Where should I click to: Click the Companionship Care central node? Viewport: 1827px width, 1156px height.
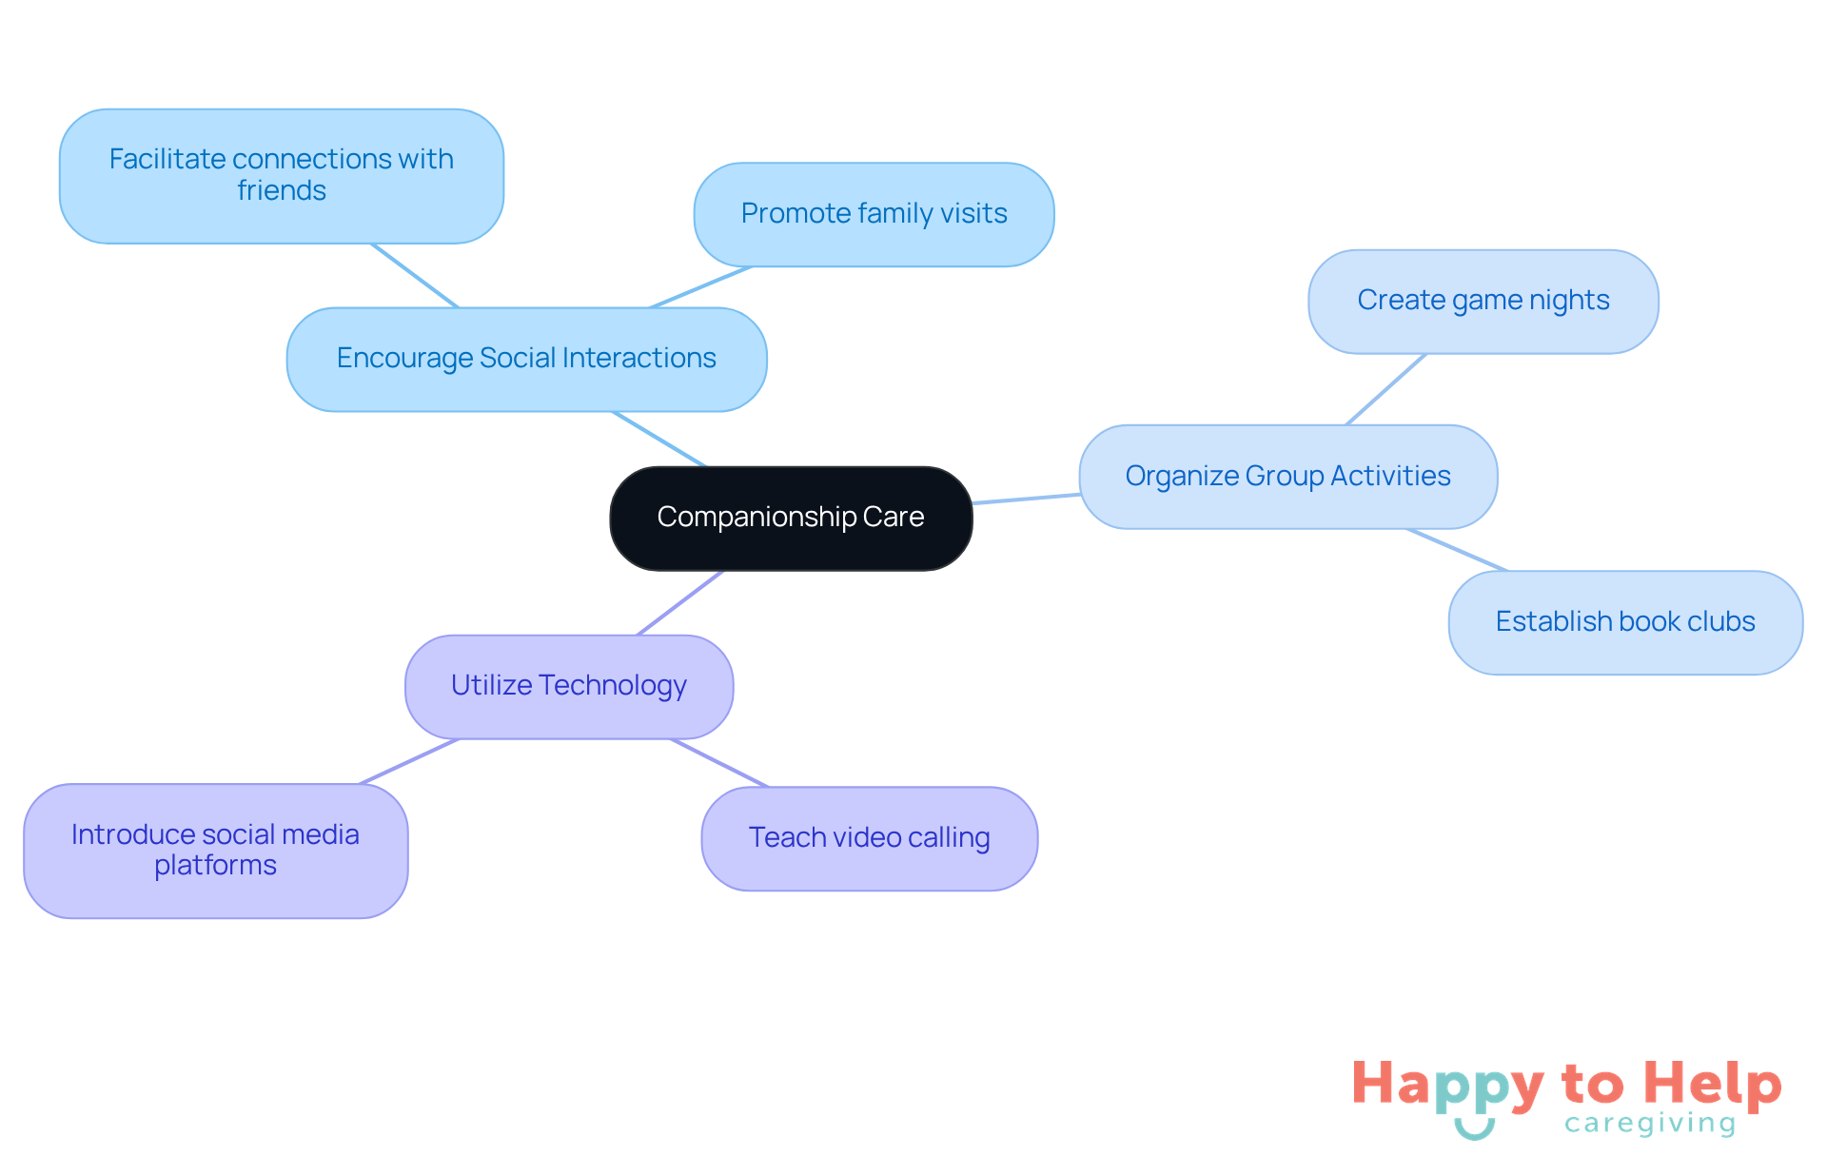791,518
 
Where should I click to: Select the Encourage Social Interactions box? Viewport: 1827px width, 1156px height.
526,359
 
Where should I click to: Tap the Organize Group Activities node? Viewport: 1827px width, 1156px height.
1287,476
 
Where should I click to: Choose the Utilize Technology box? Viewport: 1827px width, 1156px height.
568,686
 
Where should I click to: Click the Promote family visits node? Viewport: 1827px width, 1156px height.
874,214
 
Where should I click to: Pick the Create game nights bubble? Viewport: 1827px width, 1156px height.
1483,301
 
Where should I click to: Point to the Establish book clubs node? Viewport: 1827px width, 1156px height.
1624,622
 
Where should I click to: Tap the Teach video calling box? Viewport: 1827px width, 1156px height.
869,838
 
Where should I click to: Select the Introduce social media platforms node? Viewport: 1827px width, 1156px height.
215,850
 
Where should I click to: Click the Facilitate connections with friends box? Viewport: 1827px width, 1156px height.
281,175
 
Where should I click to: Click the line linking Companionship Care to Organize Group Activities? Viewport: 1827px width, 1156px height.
1026,499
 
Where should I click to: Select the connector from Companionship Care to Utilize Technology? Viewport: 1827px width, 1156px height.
680,603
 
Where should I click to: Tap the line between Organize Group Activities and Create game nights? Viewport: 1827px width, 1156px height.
1386,389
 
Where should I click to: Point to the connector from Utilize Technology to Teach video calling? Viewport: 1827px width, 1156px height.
719,763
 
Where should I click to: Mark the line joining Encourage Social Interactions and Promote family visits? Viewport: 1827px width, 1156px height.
700,287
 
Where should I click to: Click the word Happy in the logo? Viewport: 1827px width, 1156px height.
1447,1086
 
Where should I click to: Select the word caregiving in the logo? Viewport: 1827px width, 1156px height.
1650,1124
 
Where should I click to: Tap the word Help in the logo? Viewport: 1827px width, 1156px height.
1713,1084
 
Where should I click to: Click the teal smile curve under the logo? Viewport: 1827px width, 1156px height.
1474,1131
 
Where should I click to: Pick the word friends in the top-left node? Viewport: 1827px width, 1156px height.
281,191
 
